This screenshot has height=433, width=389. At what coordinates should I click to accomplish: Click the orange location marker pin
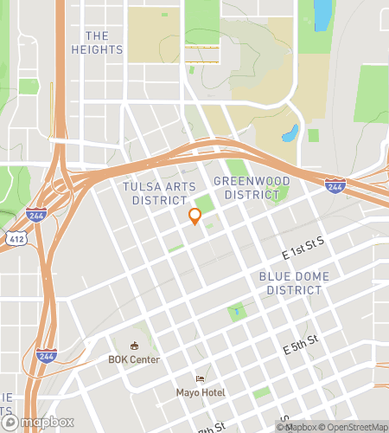coord(195,218)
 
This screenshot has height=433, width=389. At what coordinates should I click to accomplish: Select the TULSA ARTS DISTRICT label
coord(155,193)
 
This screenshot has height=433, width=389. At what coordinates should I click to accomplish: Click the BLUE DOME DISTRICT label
coord(290,283)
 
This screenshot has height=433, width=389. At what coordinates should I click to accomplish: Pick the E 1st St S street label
coord(303,249)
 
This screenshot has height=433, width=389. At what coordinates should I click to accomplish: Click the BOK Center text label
coord(134,359)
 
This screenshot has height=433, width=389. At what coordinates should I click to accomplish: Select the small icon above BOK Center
coord(134,346)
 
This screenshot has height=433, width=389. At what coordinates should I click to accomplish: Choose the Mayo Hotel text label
coord(201,392)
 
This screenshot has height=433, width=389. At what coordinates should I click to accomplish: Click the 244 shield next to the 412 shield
coord(36,215)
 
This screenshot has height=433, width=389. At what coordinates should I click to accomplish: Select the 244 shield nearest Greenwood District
coord(335,184)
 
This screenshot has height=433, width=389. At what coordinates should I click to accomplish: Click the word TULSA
coord(143,186)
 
